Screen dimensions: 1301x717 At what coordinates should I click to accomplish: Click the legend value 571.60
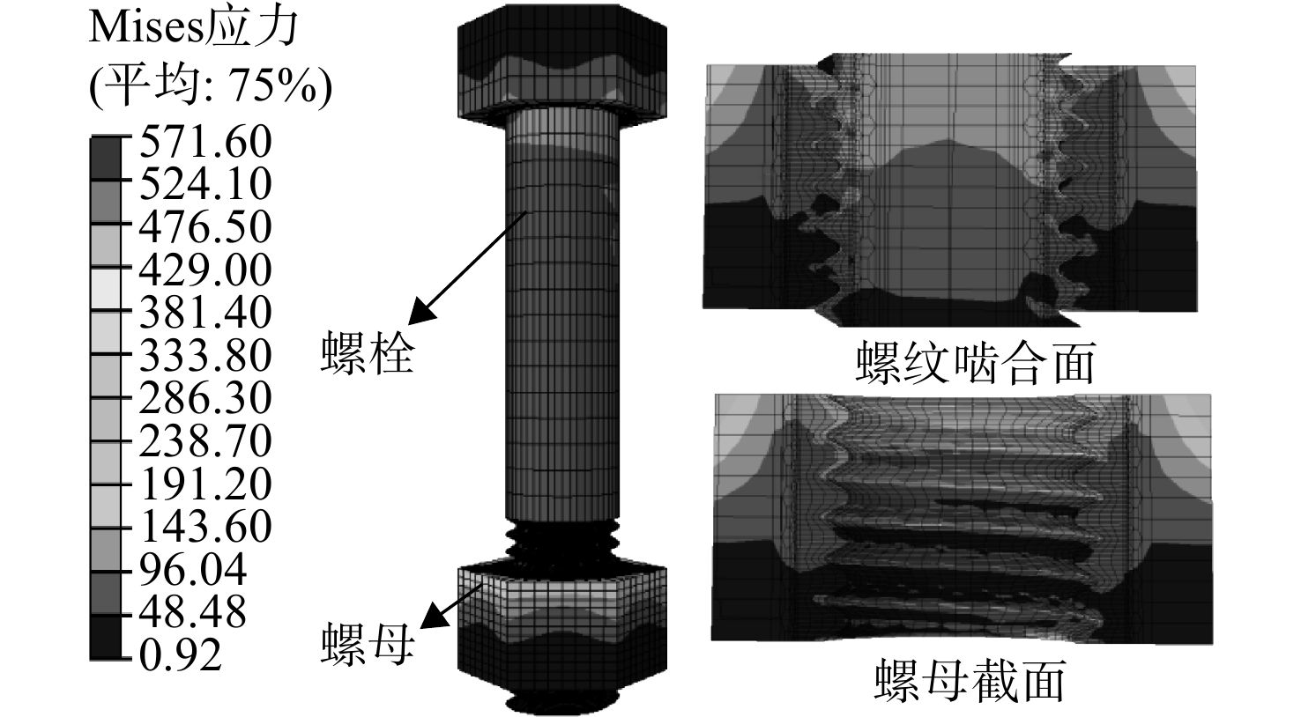click(x=205, y=141)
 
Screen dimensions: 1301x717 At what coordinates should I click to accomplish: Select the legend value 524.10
click(x=205, y=183)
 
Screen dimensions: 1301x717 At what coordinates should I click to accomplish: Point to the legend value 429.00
click(x=205, y=270)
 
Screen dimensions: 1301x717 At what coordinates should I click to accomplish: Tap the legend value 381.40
click(x=205, y=313)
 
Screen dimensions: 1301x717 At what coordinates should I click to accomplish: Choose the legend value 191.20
click(x=205, y=484)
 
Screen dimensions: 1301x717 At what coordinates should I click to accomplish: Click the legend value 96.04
click(x=193, y=570)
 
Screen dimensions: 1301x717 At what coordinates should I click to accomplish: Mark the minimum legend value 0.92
click(x=181, y=655)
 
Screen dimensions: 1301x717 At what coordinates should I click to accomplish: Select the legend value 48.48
click(x=193, y=613)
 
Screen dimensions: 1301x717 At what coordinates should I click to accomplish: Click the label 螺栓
click(x=368, y=353)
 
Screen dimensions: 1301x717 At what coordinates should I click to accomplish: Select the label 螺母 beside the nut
click(x=368, y=644)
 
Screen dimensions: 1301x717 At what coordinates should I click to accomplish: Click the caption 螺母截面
click(x=970, y=680)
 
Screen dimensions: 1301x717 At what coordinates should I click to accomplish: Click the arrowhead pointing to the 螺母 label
click(x=433, y=617)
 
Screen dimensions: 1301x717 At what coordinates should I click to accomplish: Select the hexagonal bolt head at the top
click(x=561, y=64)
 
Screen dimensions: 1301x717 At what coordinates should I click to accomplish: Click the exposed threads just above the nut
click(x=561, y=542)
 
